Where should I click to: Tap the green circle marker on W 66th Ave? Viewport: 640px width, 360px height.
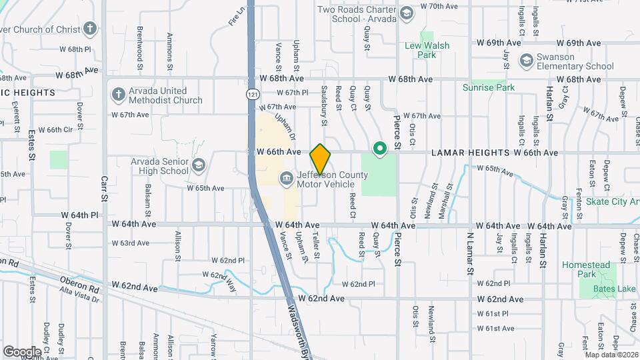tap(380, 149)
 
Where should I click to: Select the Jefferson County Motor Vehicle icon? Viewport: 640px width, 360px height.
tap(286, 177)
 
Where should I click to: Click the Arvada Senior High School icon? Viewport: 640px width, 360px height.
tap(198, 165)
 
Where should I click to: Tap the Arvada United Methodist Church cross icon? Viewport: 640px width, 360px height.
tap(118, 93)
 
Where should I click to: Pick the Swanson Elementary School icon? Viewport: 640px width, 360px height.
tap(526, 61)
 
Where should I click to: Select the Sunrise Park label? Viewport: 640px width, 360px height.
tap(489, 87)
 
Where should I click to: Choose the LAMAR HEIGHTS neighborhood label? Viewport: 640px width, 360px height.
tap(471, 153)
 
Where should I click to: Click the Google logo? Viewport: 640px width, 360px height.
tap(22, 351)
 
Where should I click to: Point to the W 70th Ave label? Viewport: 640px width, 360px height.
tap(439, 6)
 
